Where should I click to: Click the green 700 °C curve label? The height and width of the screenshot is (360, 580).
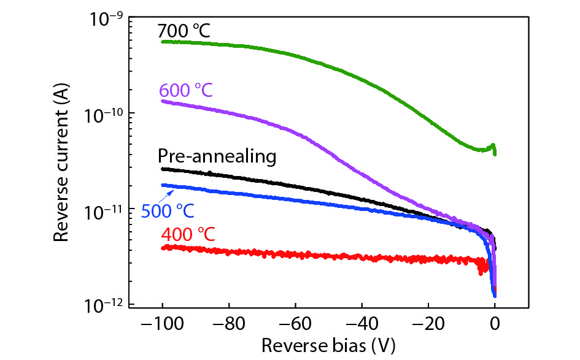click(184, 30)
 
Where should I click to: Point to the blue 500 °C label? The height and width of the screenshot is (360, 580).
click(168, 212)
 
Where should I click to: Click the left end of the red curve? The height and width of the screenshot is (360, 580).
click(163, 248)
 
